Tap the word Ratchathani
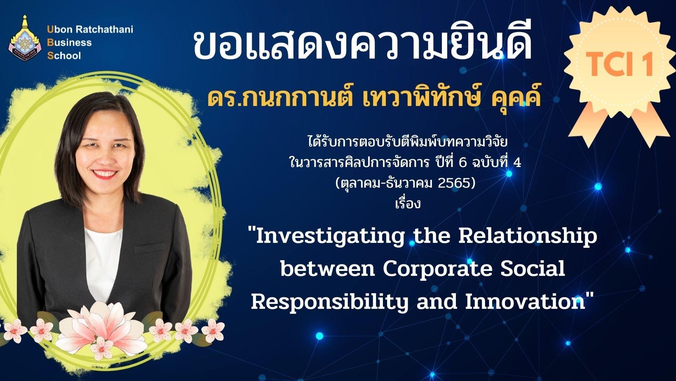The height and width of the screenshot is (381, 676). click(104, 30)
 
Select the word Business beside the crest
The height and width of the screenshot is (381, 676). click(69, 42)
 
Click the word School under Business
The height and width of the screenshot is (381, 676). click(64, 56)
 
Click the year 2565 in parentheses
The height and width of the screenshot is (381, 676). click(453, 183)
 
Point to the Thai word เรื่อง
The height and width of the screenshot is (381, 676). click(408, 203)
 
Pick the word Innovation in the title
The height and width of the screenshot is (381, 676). click(525, 301)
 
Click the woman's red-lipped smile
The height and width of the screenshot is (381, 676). click(104, 174)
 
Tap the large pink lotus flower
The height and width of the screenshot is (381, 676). click(101, 327)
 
